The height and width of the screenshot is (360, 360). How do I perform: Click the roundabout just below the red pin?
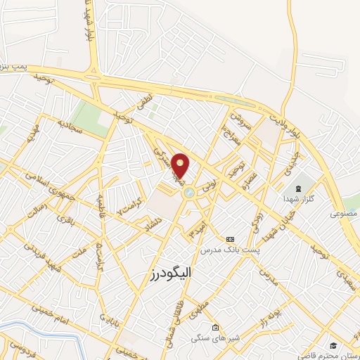coord(188,192)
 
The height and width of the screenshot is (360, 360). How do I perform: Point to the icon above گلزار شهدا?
coord(297,188)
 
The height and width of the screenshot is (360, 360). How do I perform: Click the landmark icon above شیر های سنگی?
coord(215,327)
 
